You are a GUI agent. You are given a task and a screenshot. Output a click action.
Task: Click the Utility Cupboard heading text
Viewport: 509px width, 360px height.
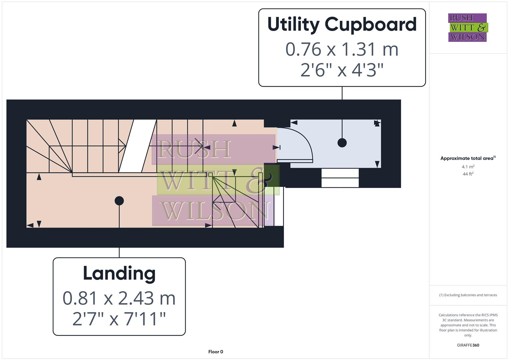[x=342, y=25]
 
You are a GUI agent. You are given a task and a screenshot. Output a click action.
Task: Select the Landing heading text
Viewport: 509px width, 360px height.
[x=119, y=273]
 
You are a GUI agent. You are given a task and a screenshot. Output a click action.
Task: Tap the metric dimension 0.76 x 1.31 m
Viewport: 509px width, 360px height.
[x=342, y=49]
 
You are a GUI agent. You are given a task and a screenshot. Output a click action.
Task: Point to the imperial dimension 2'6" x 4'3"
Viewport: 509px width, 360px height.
[x=342, y=70]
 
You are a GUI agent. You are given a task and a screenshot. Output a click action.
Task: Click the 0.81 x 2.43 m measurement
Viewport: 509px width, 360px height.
[x=119, y=298]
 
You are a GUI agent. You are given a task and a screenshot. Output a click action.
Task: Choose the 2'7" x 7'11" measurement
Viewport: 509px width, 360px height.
[x=119, y=319]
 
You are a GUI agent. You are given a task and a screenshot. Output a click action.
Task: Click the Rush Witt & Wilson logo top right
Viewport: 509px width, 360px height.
[x=467, y=27]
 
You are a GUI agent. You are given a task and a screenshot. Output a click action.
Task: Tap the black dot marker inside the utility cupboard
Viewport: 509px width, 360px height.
[x=342, y=143]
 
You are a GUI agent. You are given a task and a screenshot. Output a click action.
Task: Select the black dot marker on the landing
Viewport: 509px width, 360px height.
[x=119, y=201]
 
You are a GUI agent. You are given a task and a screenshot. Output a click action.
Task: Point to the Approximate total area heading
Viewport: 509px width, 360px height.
[x=468, y=158]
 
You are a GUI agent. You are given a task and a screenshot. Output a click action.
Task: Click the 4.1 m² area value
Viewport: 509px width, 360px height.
[x=468, y=167]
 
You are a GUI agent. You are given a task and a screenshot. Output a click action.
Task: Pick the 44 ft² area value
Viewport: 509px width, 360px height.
[x=468, y=174]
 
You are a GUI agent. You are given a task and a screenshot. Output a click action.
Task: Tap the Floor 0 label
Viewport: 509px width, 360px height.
[x=216, y=352]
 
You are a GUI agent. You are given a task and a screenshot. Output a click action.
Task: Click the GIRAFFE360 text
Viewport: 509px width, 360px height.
[x=468, y=345]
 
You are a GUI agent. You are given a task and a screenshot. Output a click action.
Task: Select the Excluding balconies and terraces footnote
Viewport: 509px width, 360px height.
[x=468, y=295]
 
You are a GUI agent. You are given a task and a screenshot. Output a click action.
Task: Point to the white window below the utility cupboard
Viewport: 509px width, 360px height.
[x=340, y=178]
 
